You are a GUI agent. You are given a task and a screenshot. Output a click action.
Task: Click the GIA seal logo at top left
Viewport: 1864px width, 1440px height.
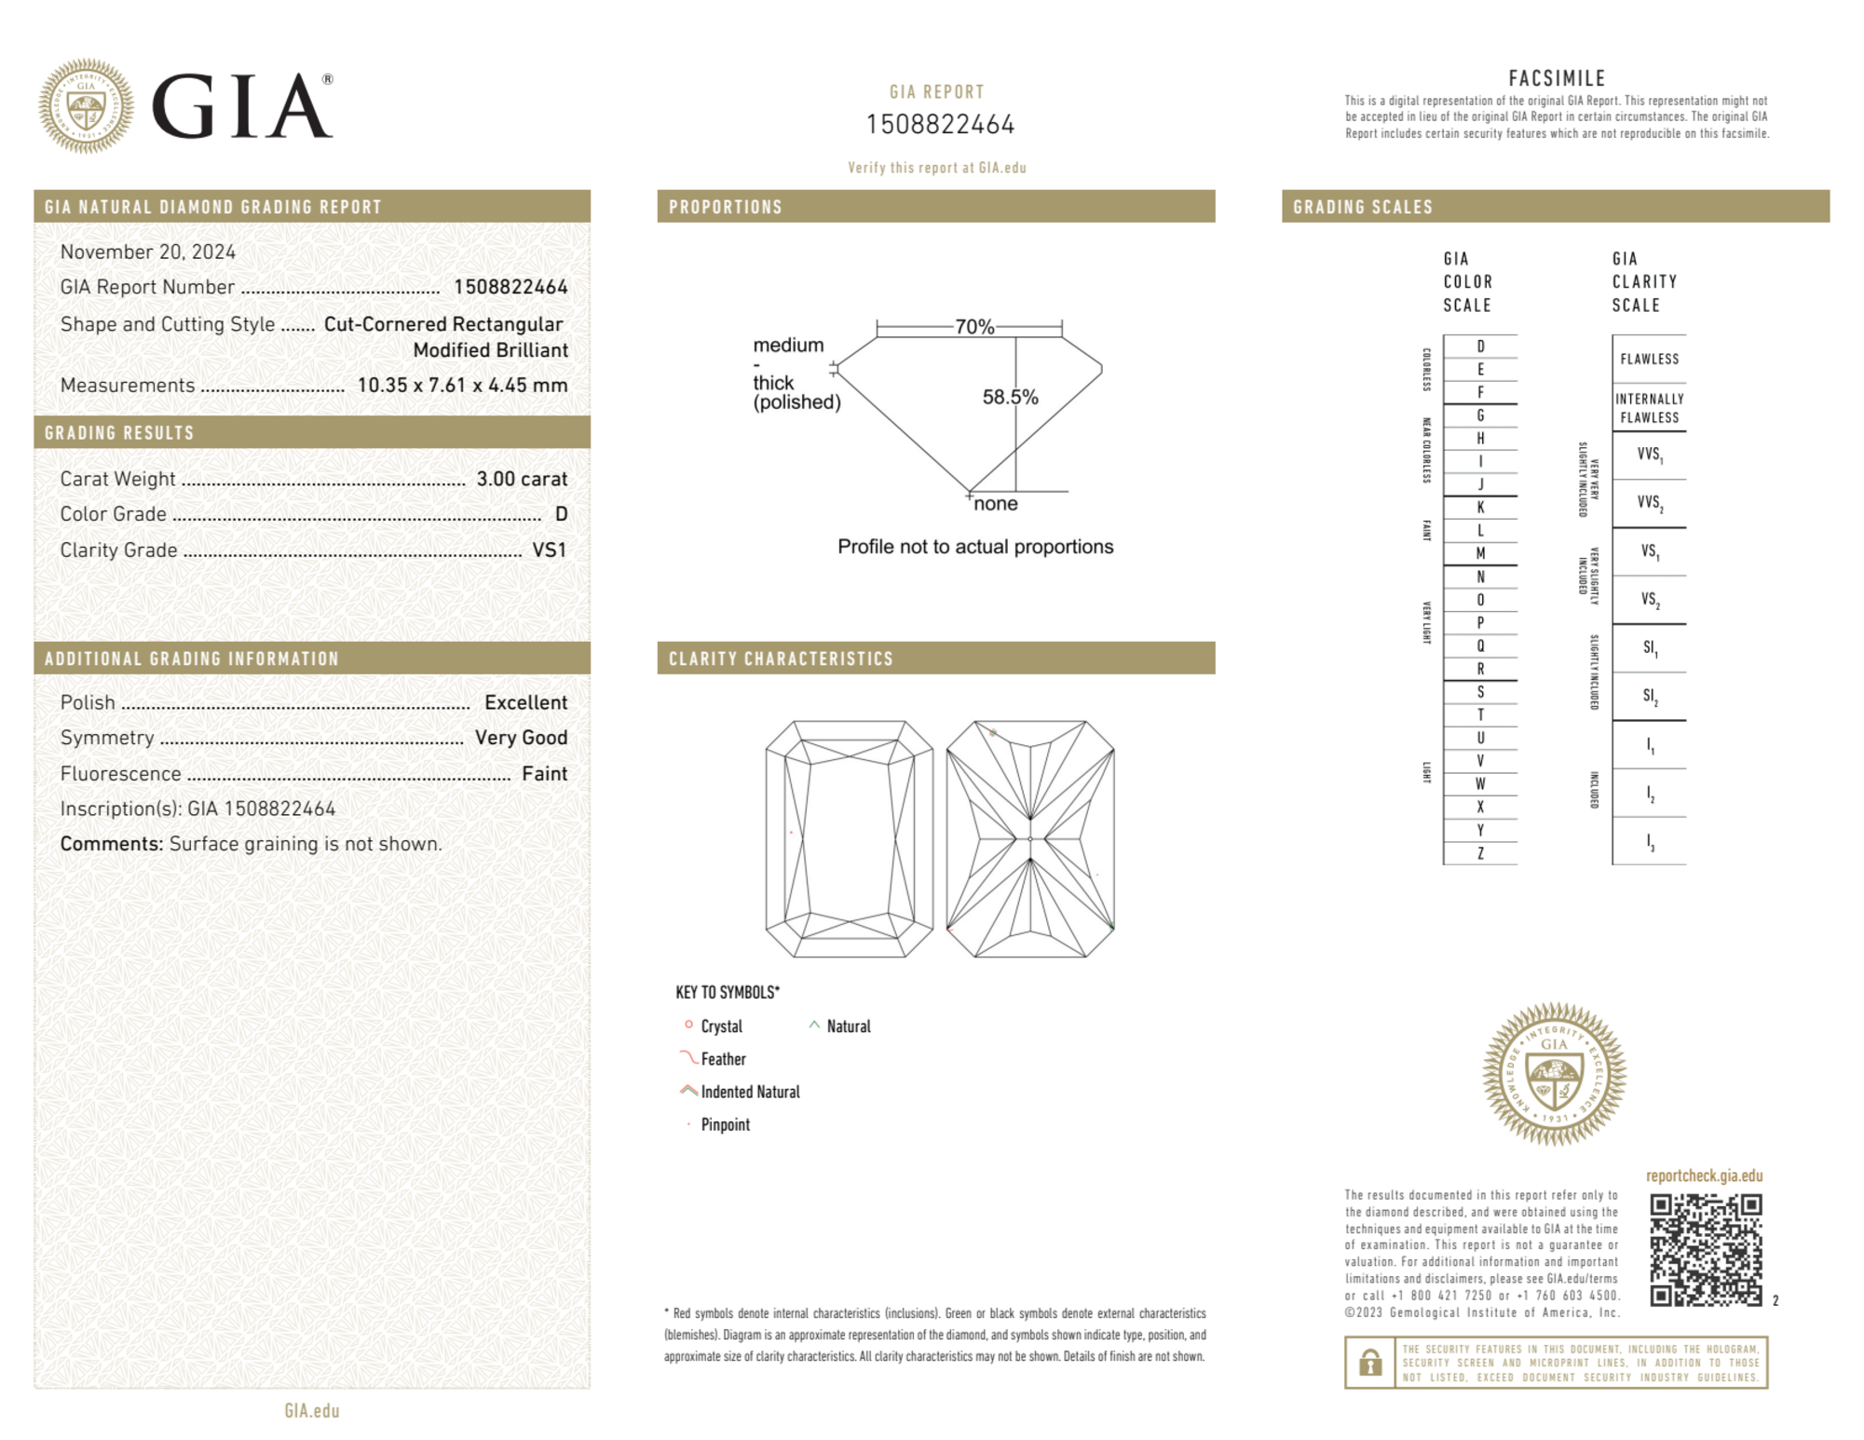point(86,106)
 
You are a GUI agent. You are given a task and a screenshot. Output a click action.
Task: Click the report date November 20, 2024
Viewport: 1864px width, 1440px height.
point(147,251)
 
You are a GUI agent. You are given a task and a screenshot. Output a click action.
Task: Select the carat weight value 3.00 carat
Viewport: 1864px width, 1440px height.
point(522,479)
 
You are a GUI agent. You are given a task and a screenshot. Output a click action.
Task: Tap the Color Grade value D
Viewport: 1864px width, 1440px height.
point(561,514)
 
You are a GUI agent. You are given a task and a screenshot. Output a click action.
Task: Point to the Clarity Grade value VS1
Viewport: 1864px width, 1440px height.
point(549,550)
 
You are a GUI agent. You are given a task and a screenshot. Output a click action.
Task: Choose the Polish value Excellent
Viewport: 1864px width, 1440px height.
point(525,702)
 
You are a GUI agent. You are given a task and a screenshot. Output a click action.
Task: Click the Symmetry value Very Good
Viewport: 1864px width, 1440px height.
point(521,738)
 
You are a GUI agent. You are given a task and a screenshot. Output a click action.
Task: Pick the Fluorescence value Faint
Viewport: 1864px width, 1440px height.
point(544,774)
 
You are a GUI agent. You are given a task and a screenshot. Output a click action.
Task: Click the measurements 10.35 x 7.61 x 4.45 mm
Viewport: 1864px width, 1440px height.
point(462,386)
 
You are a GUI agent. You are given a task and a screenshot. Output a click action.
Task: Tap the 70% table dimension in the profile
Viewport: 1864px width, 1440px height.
point(974,327)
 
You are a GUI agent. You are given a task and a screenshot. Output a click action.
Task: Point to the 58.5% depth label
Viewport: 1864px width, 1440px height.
point(1010,397)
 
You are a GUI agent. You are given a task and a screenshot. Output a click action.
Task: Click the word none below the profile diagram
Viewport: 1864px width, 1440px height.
point(995,504)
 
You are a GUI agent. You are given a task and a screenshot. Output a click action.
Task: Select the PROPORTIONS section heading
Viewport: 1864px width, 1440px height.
point(726,207)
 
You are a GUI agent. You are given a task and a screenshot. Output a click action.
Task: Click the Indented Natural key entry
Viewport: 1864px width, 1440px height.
point(750,1092)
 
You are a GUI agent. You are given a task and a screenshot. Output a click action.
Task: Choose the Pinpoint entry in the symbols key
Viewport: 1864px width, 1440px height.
point(725,1124)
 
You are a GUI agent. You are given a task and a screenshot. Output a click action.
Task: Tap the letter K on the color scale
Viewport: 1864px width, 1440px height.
point(1480,508)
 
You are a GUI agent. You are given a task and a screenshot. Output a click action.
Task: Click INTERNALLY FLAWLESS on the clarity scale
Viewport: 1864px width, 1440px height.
point(1649,408)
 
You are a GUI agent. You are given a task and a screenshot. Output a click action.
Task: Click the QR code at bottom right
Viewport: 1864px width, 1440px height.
point(1706,1249)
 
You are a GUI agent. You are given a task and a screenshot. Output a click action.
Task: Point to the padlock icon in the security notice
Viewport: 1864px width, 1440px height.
point(1370,1363)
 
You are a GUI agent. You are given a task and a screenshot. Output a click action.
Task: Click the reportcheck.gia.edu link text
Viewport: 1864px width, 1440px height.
point(1704,1175)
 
